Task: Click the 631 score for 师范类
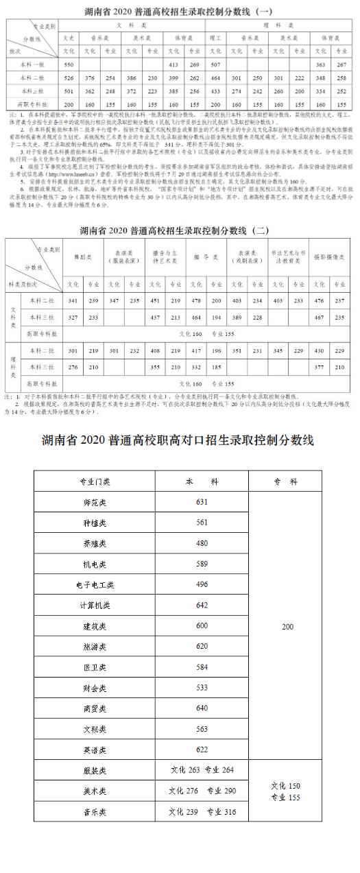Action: tap(202, 502)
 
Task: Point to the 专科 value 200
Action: tap(287, 626)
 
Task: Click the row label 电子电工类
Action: tap(95, 585)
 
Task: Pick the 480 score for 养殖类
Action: tap(202, 543)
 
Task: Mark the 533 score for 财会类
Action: tap(202, 688)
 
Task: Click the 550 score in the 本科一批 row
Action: tap(68, 64)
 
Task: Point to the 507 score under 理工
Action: tap(216, 64)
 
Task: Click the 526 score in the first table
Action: tap(68, 77)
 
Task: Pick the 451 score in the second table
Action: tap(155, 301)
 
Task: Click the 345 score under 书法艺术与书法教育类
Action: tap(278, 350)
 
